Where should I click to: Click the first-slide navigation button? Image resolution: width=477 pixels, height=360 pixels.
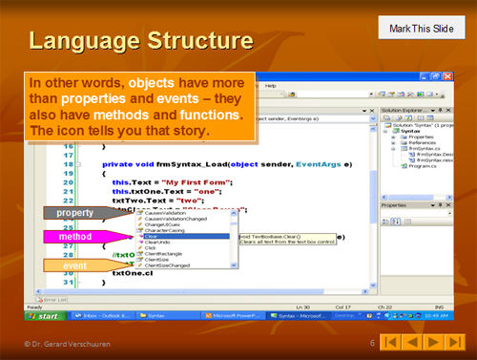pyautogui.click(x=391, y=342)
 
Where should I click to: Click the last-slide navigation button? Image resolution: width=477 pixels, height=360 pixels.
pyautogui.click(x=457, y=342)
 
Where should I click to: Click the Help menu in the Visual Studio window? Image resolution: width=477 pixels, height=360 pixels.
pyautogui.click(x=270, y=85)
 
